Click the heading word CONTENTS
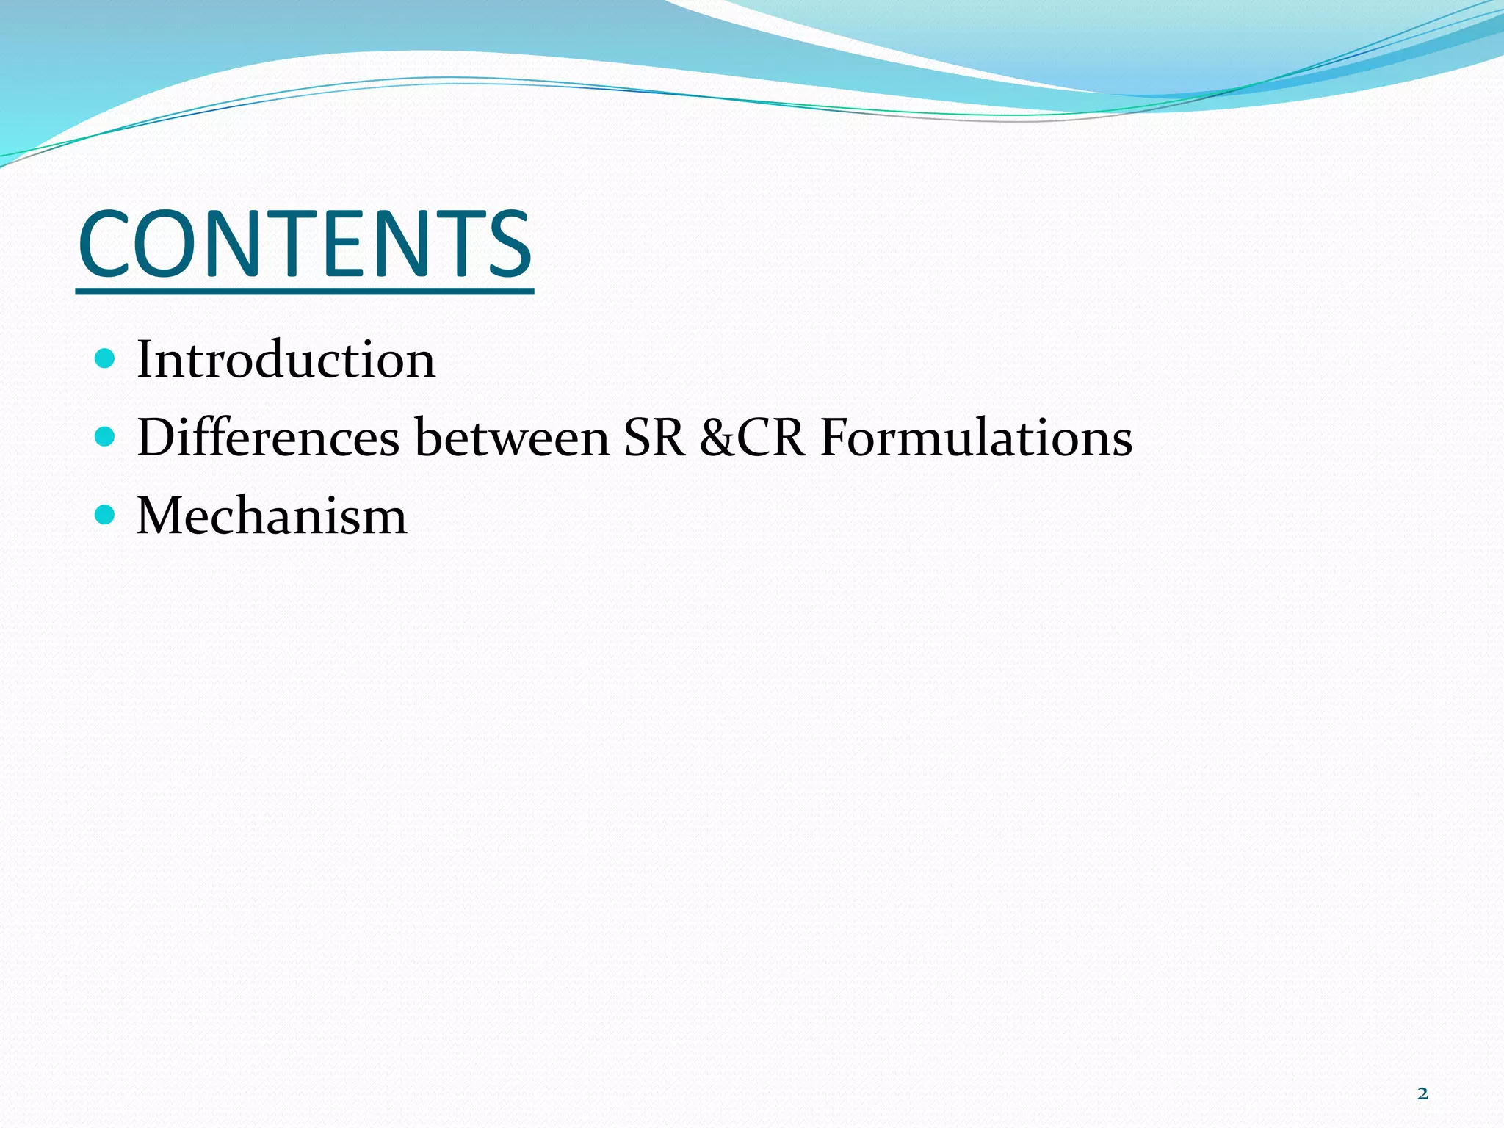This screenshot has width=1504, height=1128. pyautogui.click(x=305, y=244)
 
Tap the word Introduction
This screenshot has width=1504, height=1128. pyautogui.click(x=286, y=360)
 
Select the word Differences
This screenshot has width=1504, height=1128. pyautogui.click(x=268, y=438)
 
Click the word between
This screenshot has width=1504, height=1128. pyautogui.click(x=512, y=438)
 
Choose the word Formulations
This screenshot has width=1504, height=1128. pyautogui.click(x=976, y=438)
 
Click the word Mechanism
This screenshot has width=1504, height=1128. pyautogui.click(x=272, y=516)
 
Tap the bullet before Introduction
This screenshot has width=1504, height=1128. pyautogui.click(x=106, y=359)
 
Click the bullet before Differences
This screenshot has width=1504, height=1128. pyautogui.click(x=106, y=437)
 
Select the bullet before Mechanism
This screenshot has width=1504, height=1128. pyautogui.click(x=106, y=515)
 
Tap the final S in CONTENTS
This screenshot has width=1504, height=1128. pyautogui.click(x=507, y=244)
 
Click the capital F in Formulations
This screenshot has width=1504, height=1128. pyautogui.click(x=836, y=438)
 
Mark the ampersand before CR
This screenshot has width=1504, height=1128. pyautogui.click(x=717, y=438)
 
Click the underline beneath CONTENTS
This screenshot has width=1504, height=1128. pyautogui.click(x=305, y=292)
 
